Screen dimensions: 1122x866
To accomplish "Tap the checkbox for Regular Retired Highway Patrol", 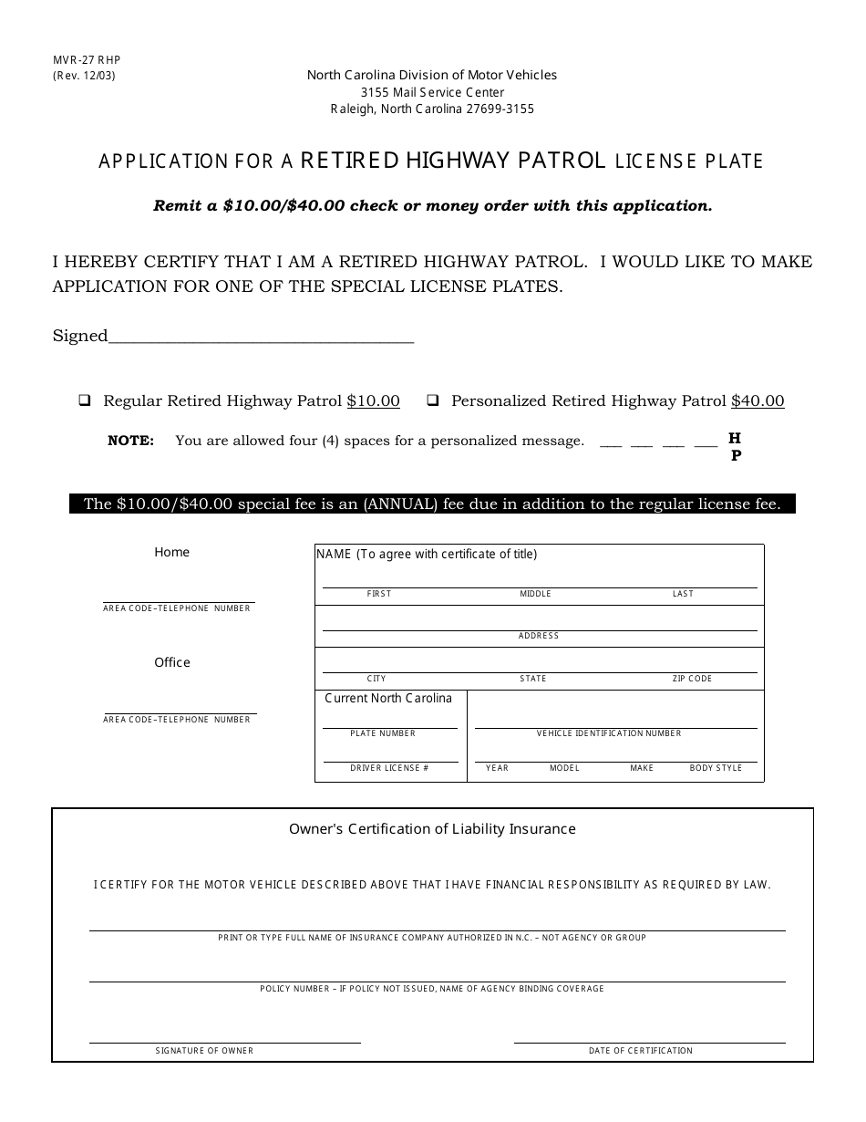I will [x=85, y=400].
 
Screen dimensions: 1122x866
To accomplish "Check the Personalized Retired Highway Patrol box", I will [x=433, y=400].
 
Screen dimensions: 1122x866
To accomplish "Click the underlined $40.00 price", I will [x=758, y=400].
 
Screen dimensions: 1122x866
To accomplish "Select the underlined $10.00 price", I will [x=373, y=400].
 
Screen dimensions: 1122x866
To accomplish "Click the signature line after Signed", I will [x=261, y=339].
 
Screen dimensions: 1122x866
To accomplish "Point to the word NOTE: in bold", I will [x=130, y=441].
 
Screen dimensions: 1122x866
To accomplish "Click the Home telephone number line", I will [x=179, y=600].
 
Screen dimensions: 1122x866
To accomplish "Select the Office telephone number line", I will [x=180, y=712].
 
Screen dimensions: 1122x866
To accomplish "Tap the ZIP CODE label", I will [x=693, y=679].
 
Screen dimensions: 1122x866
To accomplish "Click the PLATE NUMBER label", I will [x=383, y=733].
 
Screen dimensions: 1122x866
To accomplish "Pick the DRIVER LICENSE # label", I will [x=389, y=768].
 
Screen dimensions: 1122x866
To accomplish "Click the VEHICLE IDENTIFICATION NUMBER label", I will [x=608, y=733].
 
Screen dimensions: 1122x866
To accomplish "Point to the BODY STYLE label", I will [x=716, y=768].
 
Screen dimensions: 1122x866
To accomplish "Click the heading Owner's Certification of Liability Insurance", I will [x=432, y=829].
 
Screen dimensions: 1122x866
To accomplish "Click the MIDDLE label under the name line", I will [x=535, y=594].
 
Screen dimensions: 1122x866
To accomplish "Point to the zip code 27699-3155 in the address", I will [x=499, y=109].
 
